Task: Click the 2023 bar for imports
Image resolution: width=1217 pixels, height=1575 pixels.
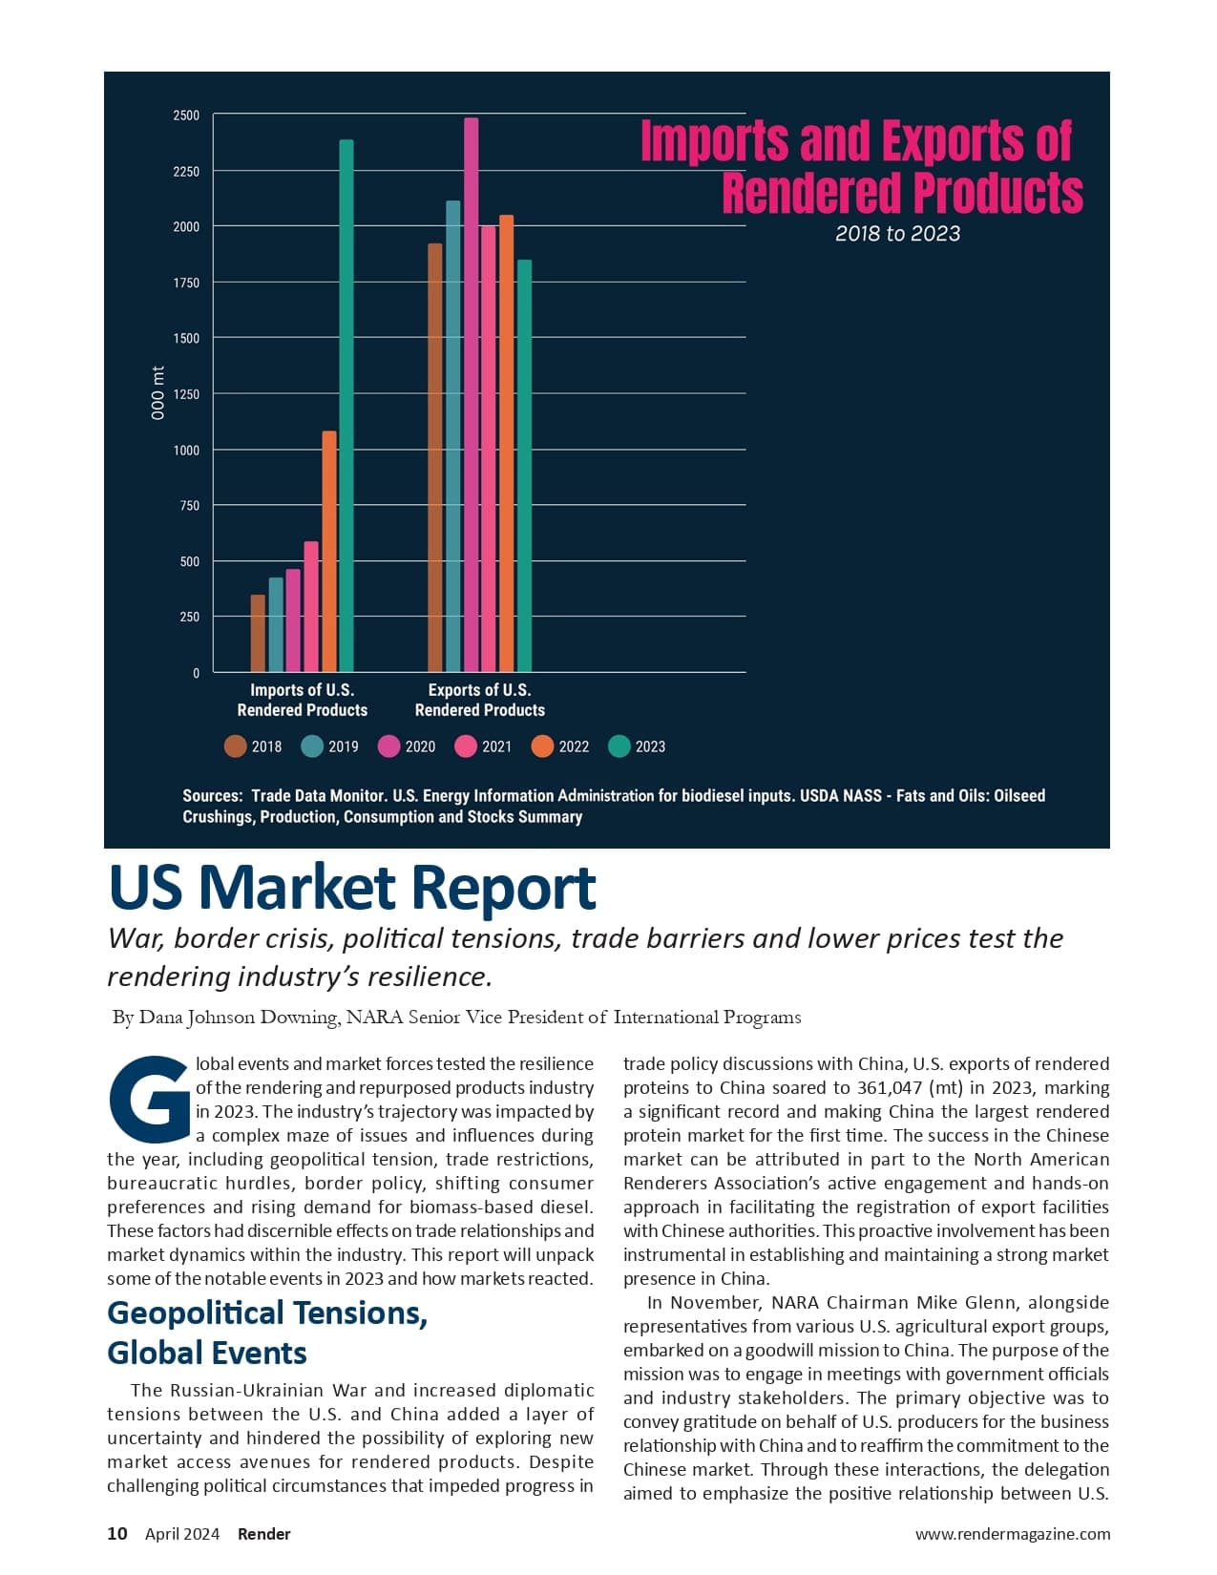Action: (x=346, y=406)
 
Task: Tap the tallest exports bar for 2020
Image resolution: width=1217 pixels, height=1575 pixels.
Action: (x=472, y=395)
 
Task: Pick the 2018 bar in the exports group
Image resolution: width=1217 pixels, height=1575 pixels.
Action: (x=435, y=458)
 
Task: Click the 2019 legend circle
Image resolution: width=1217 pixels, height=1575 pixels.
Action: (x=312, y=746)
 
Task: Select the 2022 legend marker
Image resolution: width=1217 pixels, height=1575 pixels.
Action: (x=542, y=746)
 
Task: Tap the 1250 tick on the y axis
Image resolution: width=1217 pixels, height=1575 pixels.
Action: (x=186, y=394)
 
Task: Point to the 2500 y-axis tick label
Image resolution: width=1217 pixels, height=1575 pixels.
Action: (x=186, y=115)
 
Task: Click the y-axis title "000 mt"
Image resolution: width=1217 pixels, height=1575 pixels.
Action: (x=158, y=393)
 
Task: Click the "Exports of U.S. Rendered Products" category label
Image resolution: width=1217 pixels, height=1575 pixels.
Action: (x=479, y=700)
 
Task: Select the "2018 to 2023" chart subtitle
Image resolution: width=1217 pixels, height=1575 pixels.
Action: (x=897, y=234)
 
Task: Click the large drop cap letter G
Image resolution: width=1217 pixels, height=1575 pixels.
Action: (x=150, y=1099)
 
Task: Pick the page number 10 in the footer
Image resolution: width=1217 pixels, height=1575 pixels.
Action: (x=116, y=1534)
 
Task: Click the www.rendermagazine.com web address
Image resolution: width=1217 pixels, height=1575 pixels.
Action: (x=1012, y=1534)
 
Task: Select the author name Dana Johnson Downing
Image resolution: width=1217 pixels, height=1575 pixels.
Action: (x=239, y=1018)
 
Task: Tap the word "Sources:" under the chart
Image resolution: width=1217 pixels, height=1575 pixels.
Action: (x=212, y=796)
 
